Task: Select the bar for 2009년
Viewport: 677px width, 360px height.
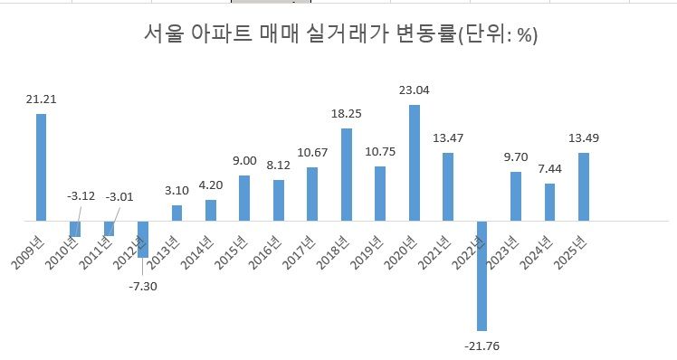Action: (41, 167)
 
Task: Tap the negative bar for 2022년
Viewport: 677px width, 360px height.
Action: (482, 275)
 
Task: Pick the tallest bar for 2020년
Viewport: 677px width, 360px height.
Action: (414, 163)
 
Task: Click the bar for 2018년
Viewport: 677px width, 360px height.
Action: (346, 175)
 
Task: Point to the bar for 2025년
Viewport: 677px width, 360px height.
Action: (584, 186)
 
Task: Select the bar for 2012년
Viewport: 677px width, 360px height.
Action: (143, 239)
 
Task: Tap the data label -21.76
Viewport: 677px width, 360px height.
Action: (482, 345)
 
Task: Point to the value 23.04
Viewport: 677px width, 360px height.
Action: (414, 90)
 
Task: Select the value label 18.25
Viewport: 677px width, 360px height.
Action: (346, 115)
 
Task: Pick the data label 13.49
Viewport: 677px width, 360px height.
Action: (584, 138)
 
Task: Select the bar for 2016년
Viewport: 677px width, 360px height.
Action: (279, 200)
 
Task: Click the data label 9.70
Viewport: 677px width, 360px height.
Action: (516, 157)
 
